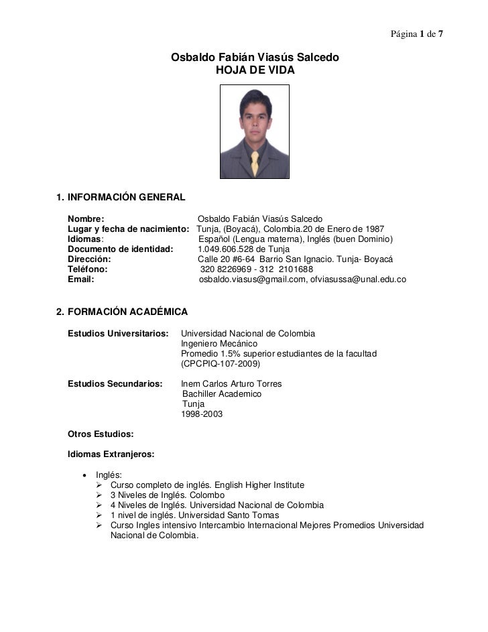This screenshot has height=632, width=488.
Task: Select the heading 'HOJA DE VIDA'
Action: pos(255,70)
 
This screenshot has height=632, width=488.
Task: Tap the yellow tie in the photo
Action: pos(255,164)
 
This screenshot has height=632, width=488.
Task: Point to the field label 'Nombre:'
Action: pos(86,219)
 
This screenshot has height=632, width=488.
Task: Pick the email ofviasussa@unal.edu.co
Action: pos(358,279)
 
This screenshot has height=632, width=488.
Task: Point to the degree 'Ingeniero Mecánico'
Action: pos(219,344)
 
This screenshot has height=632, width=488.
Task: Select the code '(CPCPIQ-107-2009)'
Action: pos(221,364)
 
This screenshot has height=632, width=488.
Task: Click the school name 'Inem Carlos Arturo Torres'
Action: pos(231,384)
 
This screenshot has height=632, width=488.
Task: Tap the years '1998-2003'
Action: pos(202,414)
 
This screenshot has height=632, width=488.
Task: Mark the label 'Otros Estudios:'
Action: pos(101,434)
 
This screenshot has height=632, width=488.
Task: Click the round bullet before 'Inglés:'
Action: pos(84,475)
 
